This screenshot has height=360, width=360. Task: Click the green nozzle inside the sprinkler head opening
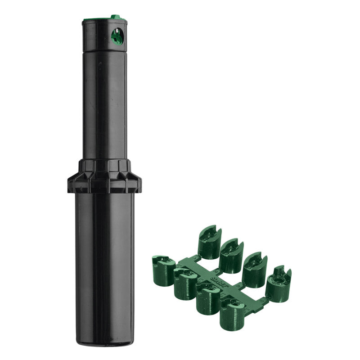coord(117,36)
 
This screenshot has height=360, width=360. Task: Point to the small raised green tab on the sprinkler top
coord(116,17)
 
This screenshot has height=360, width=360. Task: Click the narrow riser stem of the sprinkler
coord(105,103)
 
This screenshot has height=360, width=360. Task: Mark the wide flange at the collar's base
coord(104,184)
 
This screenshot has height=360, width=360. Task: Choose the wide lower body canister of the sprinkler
coord(105,261)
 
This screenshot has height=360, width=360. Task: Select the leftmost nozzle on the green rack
coord(163,270)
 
